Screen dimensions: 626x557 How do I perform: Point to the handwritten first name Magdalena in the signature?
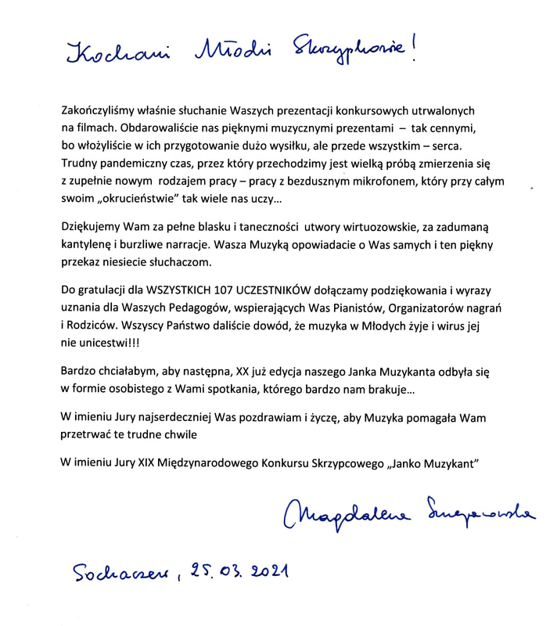point(351,514)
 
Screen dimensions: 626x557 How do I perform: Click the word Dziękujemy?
point(92,228)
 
